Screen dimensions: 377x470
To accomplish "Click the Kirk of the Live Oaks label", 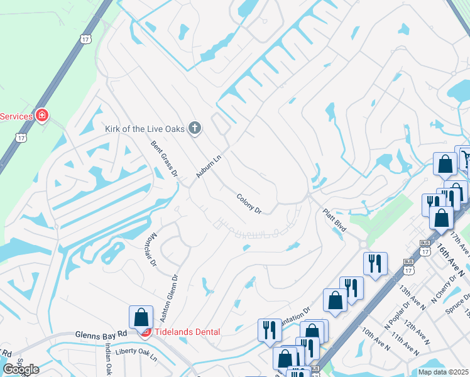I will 145,129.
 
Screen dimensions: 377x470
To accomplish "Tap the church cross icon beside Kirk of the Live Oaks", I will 195,129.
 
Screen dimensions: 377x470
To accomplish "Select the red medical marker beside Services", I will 42,116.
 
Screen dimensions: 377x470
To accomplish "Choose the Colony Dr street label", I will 249,203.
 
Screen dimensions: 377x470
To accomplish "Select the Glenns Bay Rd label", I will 101,335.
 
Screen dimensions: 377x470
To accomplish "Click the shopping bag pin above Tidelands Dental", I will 141,317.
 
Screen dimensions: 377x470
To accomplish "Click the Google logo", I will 20,369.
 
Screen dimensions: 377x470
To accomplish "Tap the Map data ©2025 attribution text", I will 443,372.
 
